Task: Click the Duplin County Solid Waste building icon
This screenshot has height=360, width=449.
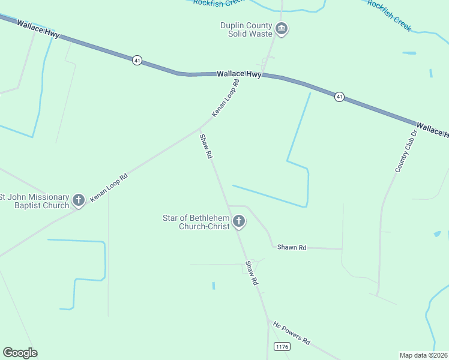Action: coord(282,28)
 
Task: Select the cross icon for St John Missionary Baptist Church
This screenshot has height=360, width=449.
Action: coord(79,200)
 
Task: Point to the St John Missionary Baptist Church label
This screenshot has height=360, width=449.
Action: coord(34,201)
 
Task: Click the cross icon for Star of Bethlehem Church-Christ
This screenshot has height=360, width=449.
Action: coord(239,222)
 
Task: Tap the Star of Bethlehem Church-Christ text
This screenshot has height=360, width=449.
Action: coord(196,222)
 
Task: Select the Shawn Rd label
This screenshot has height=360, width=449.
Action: coord(292,247)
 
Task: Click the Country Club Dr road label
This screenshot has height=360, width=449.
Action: coord(406,151)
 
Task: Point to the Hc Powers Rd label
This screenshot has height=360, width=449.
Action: coord(292,332)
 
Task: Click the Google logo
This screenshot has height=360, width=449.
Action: coord(20,353)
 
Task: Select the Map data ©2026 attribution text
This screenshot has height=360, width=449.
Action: coord(424,355)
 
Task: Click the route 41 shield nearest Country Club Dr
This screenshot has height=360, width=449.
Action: coord(339,97)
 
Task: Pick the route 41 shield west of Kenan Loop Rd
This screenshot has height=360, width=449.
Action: coord(137,61)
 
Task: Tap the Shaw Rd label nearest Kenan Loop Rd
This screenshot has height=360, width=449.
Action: coord(206,146)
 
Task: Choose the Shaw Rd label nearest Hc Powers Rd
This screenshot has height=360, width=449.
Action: coord(252,273)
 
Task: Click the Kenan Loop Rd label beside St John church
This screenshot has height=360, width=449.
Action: coord(109,187)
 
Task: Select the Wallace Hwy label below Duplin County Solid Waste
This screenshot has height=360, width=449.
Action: coord(239,74)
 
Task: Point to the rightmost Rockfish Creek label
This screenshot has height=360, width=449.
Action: coord(389,11)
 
